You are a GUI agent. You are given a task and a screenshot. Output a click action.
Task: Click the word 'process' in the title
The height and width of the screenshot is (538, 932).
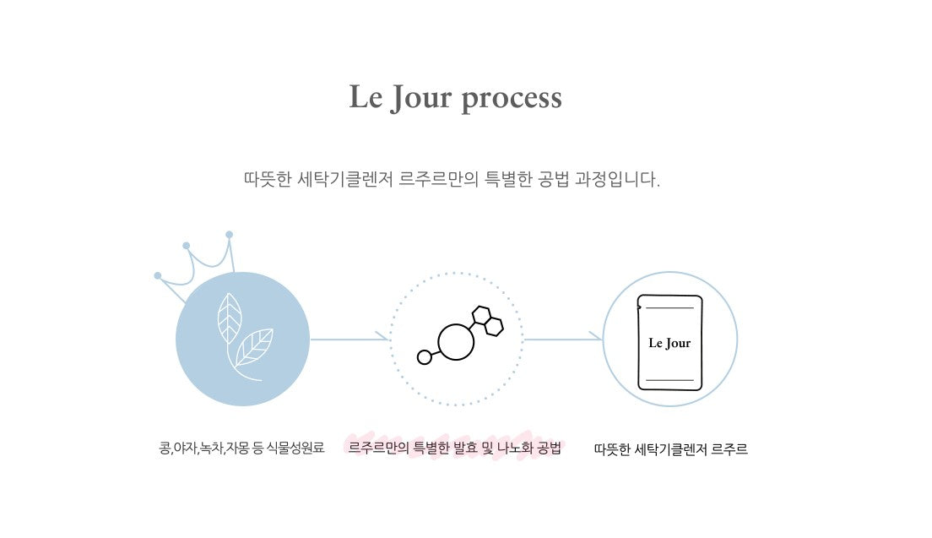point(512,99)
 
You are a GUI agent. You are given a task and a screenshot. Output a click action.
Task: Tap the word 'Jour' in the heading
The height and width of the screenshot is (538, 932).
point(420,97)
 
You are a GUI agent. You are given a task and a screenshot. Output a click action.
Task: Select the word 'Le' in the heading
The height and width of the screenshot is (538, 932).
point(366,96)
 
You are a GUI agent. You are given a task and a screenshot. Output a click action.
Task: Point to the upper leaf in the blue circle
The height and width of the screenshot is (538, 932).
point(230,318)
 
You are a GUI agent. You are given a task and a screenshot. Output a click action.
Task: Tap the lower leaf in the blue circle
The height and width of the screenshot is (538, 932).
point(254,347)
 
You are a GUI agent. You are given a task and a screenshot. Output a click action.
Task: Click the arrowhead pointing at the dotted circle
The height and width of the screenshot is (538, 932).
point(382,340)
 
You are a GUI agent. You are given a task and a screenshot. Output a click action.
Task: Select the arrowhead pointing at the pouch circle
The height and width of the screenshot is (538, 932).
point(596,340)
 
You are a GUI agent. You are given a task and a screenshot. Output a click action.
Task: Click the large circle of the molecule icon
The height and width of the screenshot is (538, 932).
point(456,342)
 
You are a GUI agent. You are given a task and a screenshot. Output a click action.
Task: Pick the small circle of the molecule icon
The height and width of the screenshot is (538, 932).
point(425,357)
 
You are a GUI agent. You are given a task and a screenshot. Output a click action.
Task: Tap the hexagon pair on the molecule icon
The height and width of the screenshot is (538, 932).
point(488,320)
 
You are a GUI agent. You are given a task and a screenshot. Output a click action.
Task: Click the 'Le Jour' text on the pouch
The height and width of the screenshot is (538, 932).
point(669,343)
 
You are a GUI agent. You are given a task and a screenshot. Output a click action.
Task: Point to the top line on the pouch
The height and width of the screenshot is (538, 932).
point(670,308)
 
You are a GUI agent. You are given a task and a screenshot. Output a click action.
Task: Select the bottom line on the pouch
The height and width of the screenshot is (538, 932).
point(670,380)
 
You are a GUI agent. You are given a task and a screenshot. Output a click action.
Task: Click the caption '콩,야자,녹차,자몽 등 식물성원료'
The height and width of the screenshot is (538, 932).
point(242,448)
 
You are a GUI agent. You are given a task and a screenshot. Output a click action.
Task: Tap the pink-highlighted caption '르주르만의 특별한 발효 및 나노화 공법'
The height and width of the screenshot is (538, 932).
point(455,448)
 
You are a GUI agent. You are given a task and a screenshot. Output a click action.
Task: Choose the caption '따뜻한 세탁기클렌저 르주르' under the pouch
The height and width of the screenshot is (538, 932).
point(670,449)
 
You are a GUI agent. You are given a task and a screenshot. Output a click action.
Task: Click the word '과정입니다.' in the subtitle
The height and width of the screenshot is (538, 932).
point(617,179)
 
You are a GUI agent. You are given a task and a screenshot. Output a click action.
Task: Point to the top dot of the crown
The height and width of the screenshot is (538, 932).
point(230,235)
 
